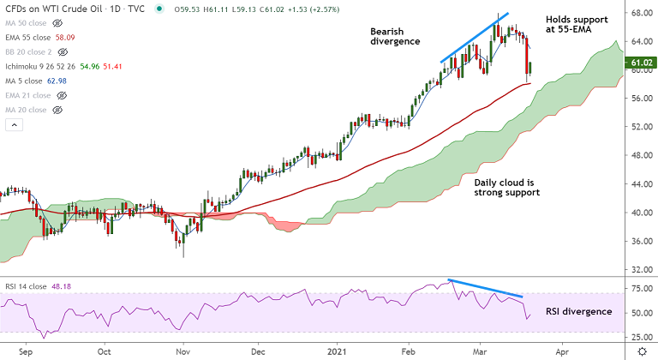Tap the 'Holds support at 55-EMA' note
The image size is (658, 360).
click(577, 25)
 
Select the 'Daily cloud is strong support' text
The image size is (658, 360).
click(506, 188)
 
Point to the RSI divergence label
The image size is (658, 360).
click(578, 311)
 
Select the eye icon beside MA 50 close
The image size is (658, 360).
click(57, 24)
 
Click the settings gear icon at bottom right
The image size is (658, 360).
click(642, 352)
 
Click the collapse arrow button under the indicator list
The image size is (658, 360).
click(13, 125)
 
